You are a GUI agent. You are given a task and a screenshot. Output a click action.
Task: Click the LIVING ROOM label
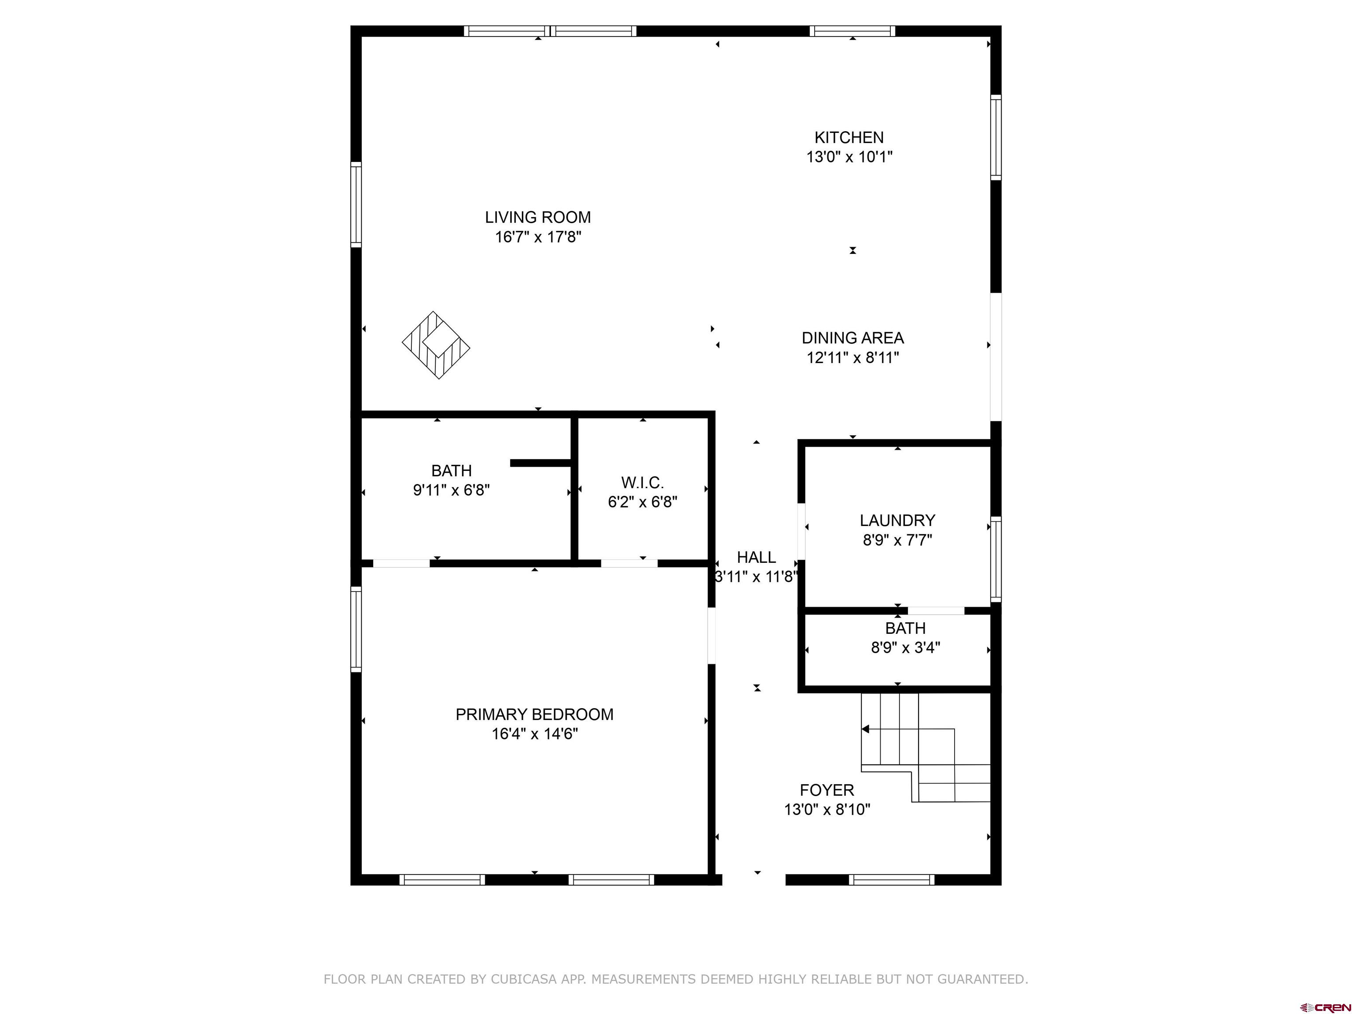[x=537, y=217]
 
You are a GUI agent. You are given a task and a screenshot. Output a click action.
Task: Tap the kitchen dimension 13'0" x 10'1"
[x=849, y=157]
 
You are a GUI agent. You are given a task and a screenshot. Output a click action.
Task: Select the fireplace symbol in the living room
[x=436, y=345]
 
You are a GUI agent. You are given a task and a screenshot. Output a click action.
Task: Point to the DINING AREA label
[x=852, y=338]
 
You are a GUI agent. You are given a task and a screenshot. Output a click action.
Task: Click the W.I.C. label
[x=643, y=483]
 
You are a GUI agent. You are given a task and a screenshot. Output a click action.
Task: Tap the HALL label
[x=756, y=558]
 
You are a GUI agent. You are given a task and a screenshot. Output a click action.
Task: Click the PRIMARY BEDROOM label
[x=534, y=714]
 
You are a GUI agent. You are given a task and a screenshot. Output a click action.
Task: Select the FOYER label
[x=827, y=790]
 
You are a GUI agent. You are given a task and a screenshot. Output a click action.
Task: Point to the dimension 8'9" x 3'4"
[x=905, y=648]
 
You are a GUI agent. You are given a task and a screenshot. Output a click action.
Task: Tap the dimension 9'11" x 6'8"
[x=451, y=490]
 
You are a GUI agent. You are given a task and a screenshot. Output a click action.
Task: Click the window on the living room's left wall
[x=356, y=205]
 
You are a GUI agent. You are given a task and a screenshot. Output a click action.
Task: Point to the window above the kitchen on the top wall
[x=852, y=31]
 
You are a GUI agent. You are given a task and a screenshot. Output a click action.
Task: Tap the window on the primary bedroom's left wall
[x=356, y=629]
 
